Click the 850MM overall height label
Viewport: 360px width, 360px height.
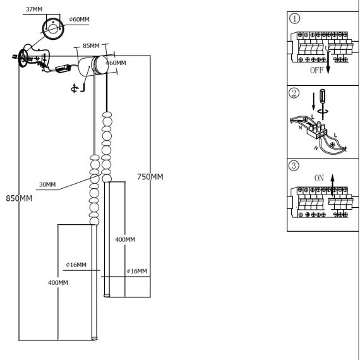pos(19,198)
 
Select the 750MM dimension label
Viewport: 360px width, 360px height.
pos(150,177)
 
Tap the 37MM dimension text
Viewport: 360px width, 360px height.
pos(34,9)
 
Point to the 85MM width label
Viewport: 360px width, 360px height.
pos(91,45)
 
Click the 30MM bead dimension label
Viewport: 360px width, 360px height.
pos(47,184)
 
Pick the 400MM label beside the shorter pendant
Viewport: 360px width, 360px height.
pos(125,239)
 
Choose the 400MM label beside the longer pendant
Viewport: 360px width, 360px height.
pos(58,282)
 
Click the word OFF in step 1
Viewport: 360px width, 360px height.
pos(316,70)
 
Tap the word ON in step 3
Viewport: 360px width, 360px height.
pos(319,178)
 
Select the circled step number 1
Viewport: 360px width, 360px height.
pos(294,18)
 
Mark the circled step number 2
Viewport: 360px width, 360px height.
pos(294,93)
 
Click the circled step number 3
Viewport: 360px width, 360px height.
pos(294,165)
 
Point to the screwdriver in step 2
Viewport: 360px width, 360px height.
pos(323,104)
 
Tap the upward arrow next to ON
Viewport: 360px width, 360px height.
pos(332,185)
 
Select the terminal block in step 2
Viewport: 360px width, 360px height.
pos(317,131)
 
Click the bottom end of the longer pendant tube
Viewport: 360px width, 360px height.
pos(94,339)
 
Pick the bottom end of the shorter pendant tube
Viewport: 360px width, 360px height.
pos(107,296)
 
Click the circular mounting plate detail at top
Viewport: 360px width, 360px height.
pos(53,28)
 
